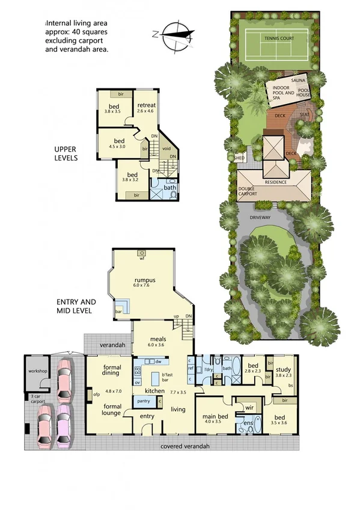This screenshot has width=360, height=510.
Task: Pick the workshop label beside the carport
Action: [x=38, y=371]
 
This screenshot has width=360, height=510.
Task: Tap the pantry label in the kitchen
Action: [x=143, y=401]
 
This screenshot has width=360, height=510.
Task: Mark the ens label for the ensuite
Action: [x=246, y=425]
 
